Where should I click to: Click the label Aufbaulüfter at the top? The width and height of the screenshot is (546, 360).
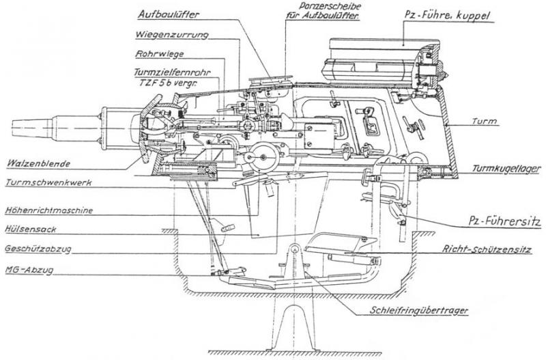click(x=168, y=14)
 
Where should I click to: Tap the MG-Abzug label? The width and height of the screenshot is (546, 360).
click(x=27, y=270)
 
